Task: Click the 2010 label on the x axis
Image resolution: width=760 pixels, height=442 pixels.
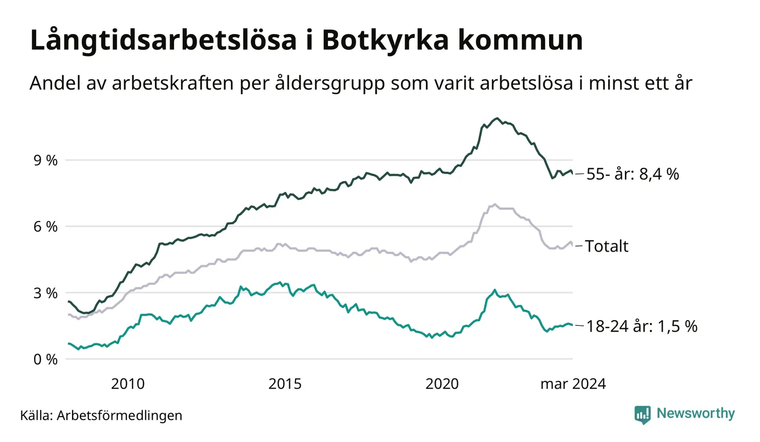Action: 128,384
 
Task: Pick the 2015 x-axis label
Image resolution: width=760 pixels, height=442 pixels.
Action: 284,384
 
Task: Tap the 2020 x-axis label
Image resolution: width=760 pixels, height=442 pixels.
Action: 441,384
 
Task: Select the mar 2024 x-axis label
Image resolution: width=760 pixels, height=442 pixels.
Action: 572,384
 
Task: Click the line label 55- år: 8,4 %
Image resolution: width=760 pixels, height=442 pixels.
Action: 632,175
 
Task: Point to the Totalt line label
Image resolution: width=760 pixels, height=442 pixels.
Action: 607,246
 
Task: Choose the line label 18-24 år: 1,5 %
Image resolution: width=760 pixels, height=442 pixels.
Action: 641,326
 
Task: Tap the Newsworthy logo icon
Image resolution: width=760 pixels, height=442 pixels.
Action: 642,414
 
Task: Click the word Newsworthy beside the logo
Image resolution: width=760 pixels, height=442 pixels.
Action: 695,414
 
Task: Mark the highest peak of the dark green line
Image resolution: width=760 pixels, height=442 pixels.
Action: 497,118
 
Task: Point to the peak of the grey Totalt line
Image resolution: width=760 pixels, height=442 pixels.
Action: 495,204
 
